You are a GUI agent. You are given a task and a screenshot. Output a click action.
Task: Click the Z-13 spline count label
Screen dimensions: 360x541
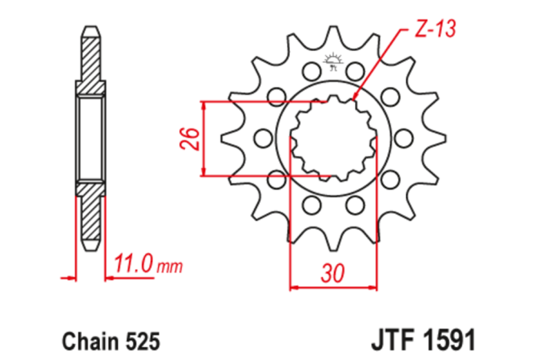coord(435,29)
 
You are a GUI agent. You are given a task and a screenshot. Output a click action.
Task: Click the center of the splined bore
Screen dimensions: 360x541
coord(334,139)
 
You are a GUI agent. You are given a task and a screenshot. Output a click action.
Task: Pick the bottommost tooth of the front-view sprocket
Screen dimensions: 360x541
coord(334,244)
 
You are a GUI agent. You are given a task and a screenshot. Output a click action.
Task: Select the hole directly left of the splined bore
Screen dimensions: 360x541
coord(262,139)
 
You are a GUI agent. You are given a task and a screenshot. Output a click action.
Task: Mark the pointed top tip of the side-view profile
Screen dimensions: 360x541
coord(91,28)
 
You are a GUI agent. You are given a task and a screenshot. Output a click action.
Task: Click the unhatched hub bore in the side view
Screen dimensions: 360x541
coord(91,139)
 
